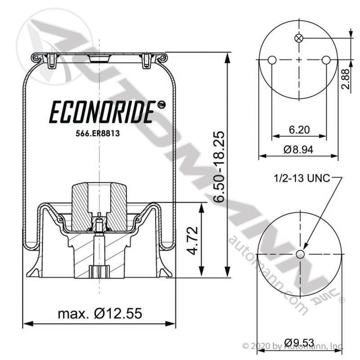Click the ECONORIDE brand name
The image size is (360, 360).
pos(101,112)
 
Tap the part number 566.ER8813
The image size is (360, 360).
pos(98,134)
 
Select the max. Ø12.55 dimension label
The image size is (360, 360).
pos(100,313)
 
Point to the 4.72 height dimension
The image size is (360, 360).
pos(192,240)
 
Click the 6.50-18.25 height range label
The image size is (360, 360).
pos(218,166)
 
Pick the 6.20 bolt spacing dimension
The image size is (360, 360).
pos(299,130)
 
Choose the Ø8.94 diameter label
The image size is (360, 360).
pos(298,150)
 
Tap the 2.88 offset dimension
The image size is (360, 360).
pos(345,79)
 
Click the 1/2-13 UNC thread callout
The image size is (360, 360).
pos(301,178)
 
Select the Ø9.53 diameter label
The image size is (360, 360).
pos(299,343)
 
